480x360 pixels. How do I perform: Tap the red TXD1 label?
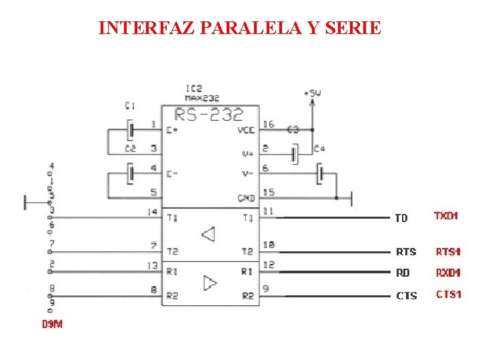(446, 216)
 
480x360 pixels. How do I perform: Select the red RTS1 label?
(448, 251)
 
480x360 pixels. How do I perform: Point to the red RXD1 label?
(448, 273)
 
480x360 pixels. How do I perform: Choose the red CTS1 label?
(448, 294)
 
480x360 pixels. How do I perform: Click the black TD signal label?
(401, 218)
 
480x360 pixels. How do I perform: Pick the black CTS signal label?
(406, 295)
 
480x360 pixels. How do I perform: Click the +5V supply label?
(312, 93)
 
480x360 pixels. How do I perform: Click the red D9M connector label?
(52, 325)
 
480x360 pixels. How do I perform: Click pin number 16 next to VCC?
(267, 125)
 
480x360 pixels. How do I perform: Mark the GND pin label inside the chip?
(246, 198)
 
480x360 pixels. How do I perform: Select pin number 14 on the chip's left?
(153, 212)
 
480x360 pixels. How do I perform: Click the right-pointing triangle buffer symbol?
(209, 283)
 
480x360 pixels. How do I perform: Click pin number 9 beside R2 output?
(265, 289)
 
